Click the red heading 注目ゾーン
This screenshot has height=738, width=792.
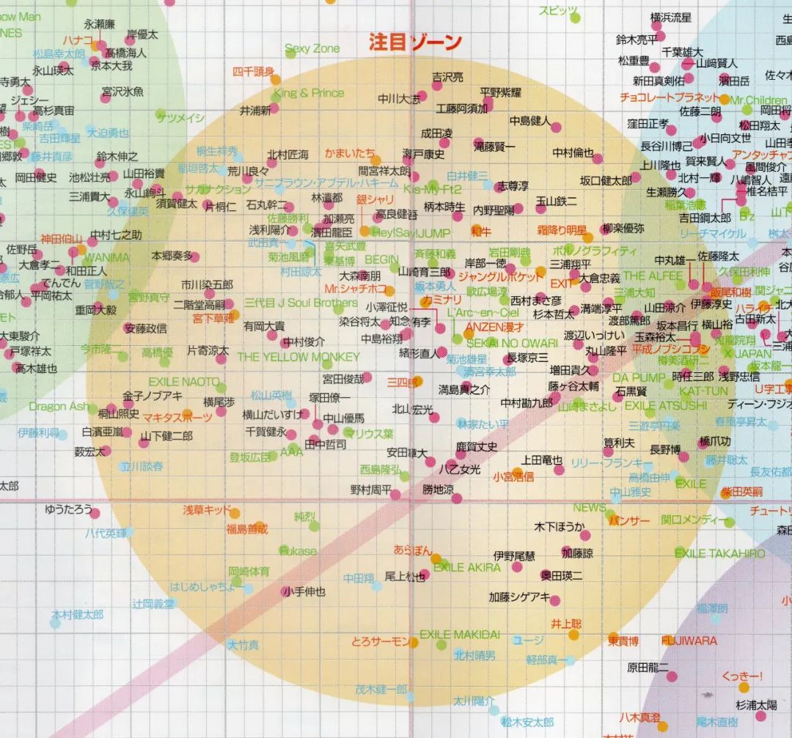(x=415, y=42)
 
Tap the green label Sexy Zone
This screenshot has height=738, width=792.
(x=312, y=48)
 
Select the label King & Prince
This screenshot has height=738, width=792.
(x=308, y=93)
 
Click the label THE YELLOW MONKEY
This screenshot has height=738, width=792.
(x=298, y=357)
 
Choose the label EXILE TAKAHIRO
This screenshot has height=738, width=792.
(x=719, y=553)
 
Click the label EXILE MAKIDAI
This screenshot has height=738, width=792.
(x=460, y=634)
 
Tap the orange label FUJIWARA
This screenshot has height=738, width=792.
(x=689, y=641)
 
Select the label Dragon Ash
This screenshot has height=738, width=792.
(x=59, y=406)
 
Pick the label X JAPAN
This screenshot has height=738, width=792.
(x=747, y=353)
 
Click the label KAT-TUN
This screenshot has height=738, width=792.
(x=688, y=391)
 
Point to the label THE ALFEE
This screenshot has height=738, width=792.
(x=653, y=276)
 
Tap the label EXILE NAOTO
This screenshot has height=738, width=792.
(x=183, y=382)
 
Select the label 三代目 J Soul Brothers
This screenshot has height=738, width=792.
(x=301, y=303)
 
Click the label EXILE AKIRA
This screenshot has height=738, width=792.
(x=467, y=567)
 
